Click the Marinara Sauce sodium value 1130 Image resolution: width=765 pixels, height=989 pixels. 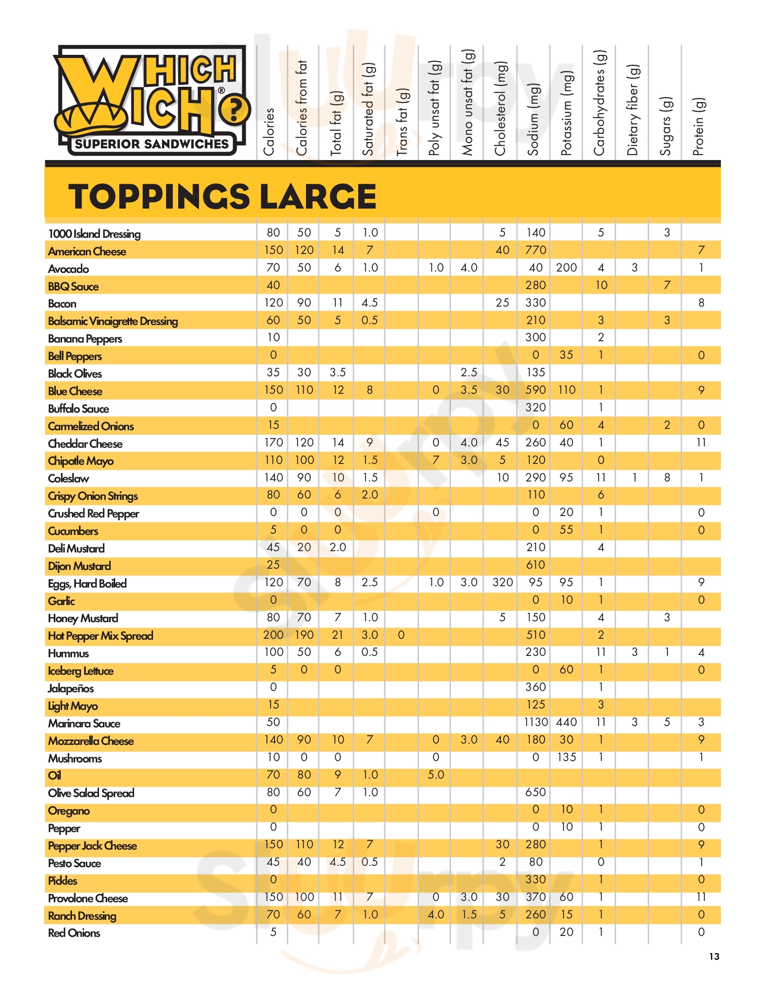click(x=535, y=722)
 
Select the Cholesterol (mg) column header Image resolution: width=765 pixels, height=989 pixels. click(x=500, y=109)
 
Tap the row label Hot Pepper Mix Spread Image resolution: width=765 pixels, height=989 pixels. click(x=101, y=636)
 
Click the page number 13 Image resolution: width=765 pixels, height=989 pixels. click(x=714, y=956)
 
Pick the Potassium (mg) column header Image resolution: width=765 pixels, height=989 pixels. click(x=567, y=113)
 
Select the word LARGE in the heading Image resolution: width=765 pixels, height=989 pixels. click(x=318, y=197)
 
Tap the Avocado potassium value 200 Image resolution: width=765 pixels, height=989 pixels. click(x=567, y=267)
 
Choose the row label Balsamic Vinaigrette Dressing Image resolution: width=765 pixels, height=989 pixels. click(x=113, y=321)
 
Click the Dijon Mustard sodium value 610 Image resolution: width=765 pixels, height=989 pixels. click(x=535, y=565)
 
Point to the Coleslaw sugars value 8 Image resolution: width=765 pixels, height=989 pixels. click(x=666, y=477)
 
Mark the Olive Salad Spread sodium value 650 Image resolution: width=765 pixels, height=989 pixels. click(x=535, y=792)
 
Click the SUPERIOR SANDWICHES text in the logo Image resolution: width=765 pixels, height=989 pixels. click(x=152, y=144)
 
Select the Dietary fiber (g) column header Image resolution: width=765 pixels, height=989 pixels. click(x=633, y=110)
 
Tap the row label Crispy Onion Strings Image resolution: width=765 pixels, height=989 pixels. click(x=93, y=496)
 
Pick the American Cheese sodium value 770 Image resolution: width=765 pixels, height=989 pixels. click(x=535, y=250)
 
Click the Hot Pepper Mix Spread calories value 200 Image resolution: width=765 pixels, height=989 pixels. click(x=273, y=635)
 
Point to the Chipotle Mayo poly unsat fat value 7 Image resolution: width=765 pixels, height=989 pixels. click(x=436, y=460)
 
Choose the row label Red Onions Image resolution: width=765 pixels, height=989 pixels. click(x=74, y=933)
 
